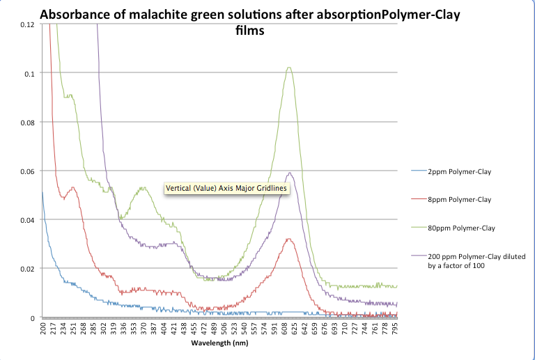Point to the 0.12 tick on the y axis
(x=27, y=24)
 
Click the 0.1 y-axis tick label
(x=29, y=73)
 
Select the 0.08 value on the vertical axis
(x=27, y=123)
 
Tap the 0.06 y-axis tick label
(x=27, y=171)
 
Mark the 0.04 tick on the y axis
(x=27, y=221)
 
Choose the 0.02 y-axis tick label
(x=27, y=269)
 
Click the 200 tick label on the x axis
(x=43, y=329)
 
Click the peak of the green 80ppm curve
(x=289, y=68)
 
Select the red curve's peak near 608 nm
(x=289, y=239)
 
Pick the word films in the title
(x=251, y=31)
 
